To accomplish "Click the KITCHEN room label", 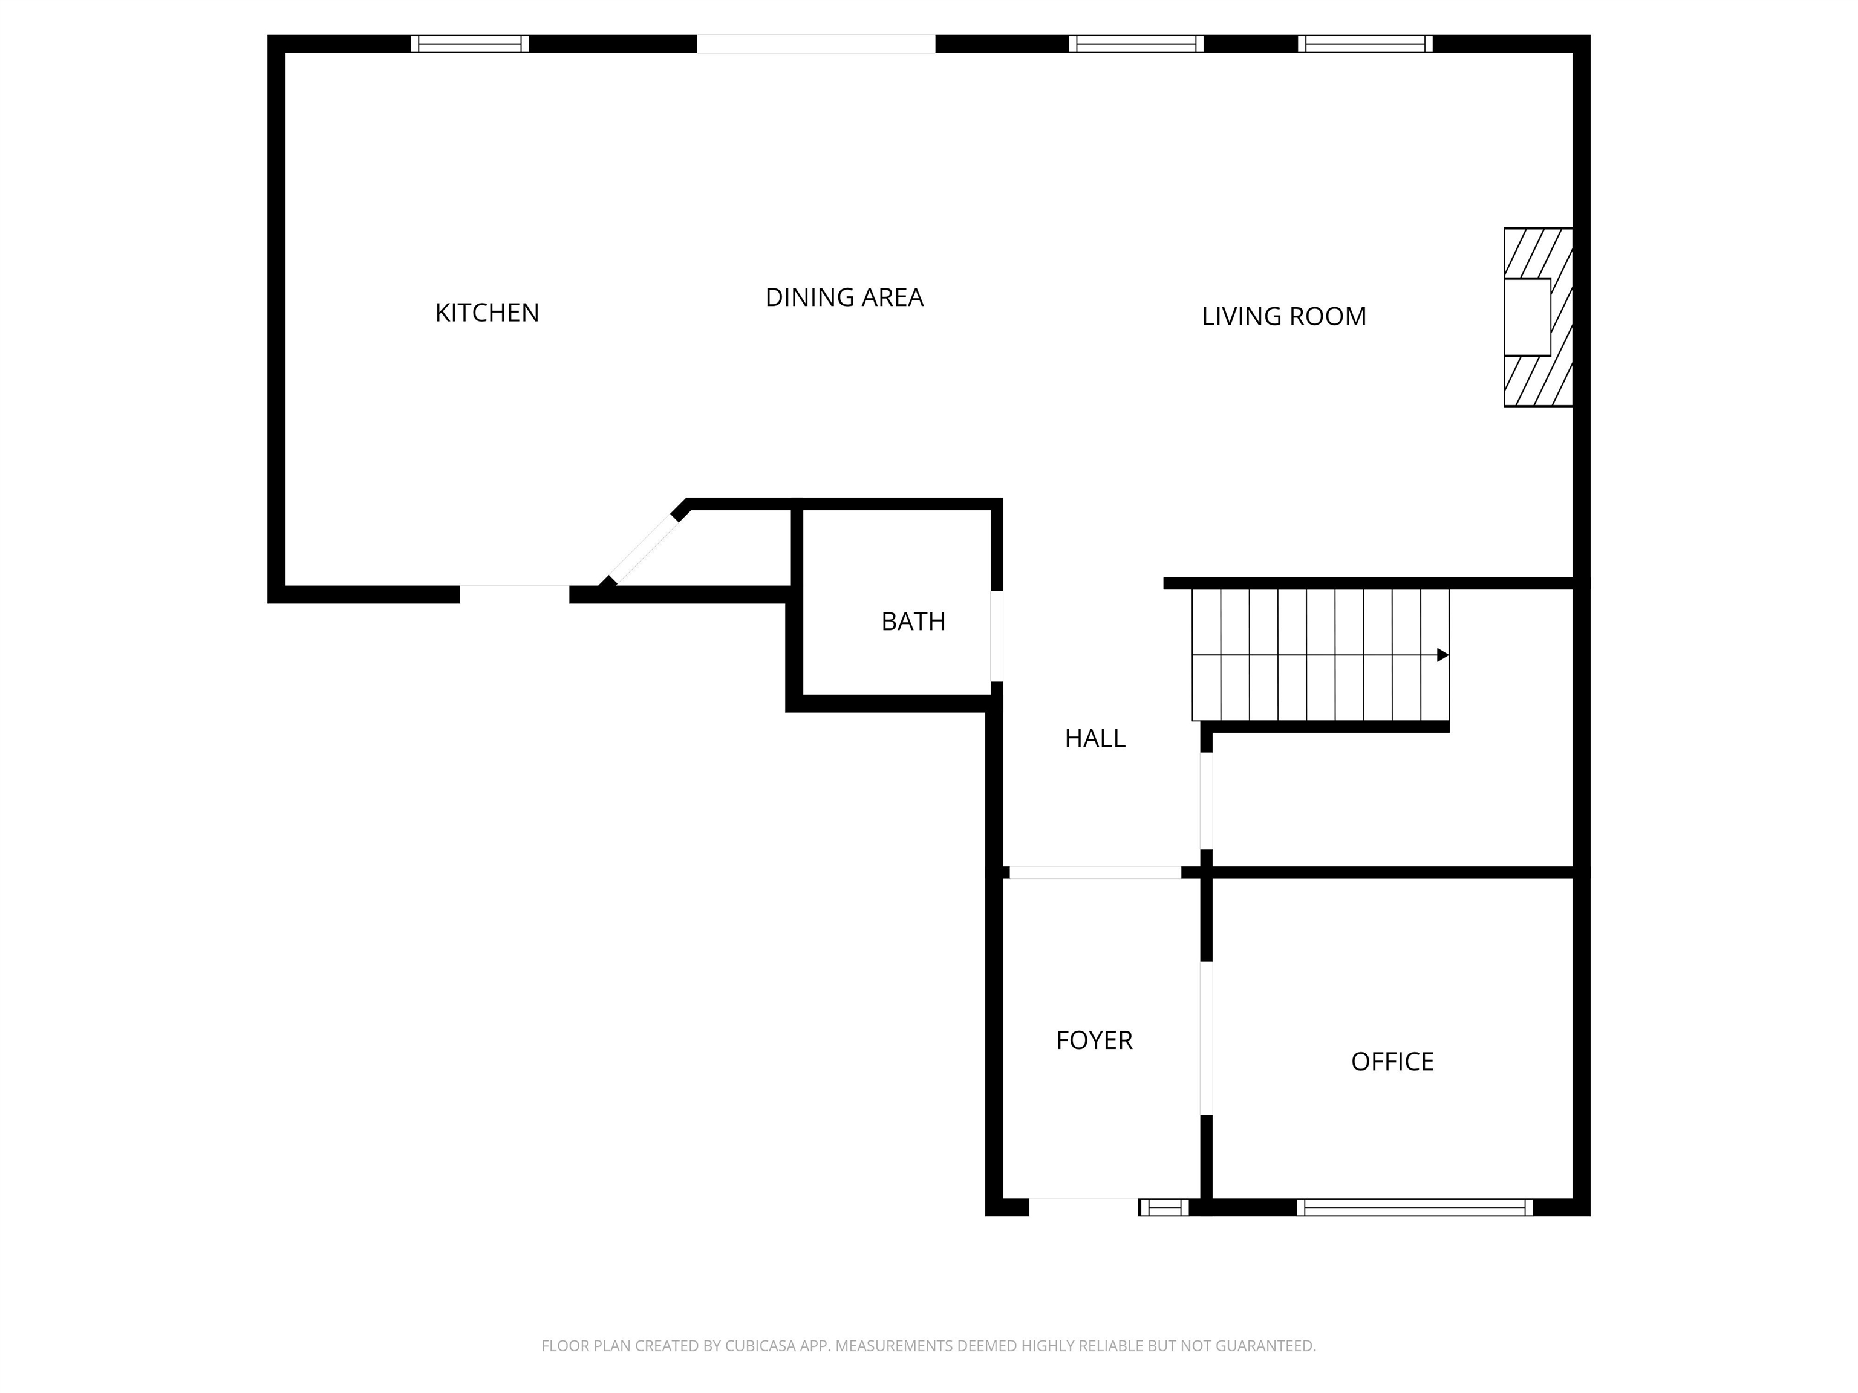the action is click(486, 313).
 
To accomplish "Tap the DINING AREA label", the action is click(844, 297).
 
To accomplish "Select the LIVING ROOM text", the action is click(1283, 317).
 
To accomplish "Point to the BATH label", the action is click(913, 622).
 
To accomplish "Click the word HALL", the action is click(1095, 738).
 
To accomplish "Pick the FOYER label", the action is click(1094, 1041).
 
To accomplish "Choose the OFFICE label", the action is click(1392, 1061).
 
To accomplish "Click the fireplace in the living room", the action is click(1537, 317).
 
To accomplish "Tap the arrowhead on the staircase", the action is click(1442, 655).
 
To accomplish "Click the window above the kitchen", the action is click(469, 44).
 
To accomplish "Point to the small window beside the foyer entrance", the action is click(1164, 1207).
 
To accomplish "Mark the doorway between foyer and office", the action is click(1206, 1038).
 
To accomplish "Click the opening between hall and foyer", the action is click(1095, 872).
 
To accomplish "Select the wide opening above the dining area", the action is click(816, 44).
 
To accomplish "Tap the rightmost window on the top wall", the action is click(1365, 44).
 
